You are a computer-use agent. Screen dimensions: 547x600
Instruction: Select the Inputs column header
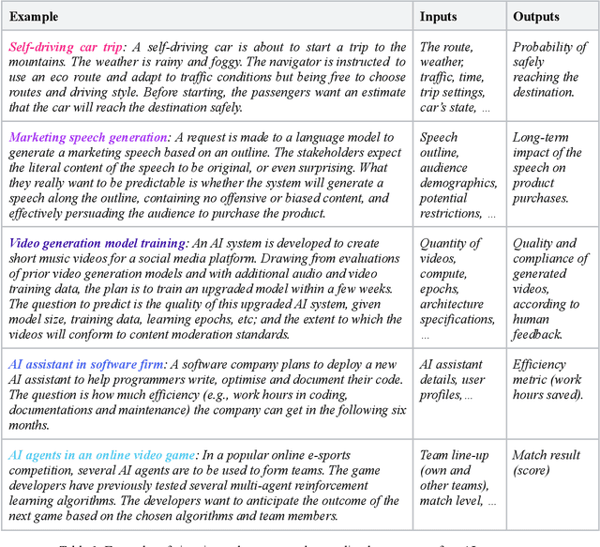(x=439, y=16)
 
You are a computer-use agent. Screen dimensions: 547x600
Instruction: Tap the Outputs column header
(x=536, y=16)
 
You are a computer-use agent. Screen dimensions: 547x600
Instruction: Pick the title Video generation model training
(x=97, y=244)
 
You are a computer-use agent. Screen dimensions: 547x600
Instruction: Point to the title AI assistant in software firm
(x=86, y=364)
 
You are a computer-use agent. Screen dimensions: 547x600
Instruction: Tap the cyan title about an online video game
(x=102, y=455)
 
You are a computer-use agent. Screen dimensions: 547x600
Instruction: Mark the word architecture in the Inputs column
(x=452, y=304)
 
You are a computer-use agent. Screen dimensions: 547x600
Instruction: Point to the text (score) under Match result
(x=532, y=470)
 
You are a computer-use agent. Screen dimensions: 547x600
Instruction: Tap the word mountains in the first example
(x=37, y=62)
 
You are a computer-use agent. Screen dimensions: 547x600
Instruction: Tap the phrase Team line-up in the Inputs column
(x=455, y=455)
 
